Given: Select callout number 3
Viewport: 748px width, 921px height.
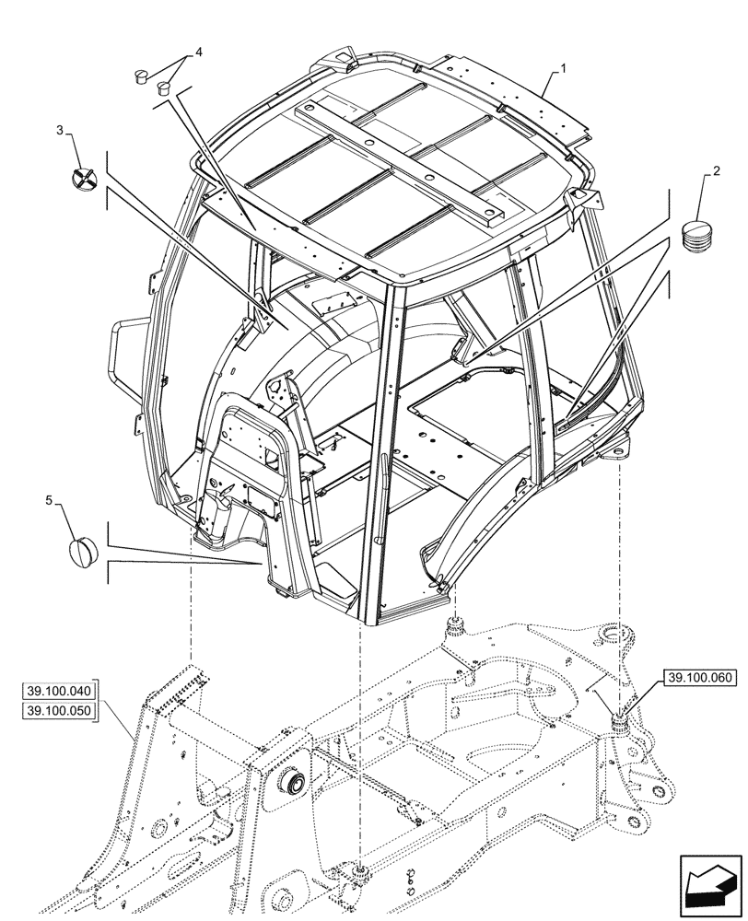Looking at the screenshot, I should (61, 132).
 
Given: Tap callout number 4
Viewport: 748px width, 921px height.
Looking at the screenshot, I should (196, 54).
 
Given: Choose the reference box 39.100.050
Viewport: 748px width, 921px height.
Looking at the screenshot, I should (58, 711).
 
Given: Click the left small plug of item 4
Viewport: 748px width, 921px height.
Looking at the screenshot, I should (143, 76).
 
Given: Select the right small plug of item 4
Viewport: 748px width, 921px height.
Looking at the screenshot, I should (165, 87).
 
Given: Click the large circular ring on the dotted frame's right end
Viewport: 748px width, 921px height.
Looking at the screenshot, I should (615, 636).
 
